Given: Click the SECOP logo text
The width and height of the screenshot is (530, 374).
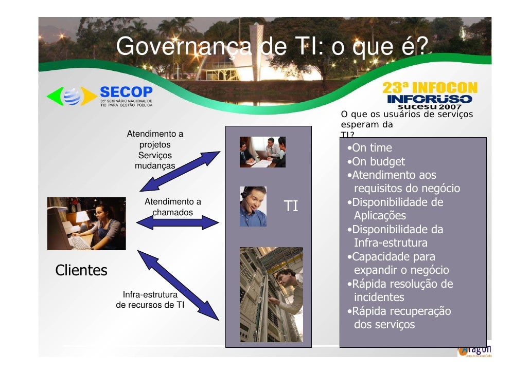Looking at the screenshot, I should tap(126, 92).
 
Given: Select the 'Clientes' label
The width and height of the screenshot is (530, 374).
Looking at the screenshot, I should tap(81, 270).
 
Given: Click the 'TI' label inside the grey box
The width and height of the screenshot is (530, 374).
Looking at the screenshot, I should tap(291, 207).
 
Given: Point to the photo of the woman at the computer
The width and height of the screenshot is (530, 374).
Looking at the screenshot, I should tap(86, 223).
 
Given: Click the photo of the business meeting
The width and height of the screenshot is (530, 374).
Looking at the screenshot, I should tap(262, 152).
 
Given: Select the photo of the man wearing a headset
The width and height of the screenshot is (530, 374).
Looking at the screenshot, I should tap(253, 207).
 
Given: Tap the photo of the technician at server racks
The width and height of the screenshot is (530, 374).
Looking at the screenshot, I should tap(271, 294).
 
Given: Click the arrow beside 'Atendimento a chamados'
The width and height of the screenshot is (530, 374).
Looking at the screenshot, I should tap(178, 222).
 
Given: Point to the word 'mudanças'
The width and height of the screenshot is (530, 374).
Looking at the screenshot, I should tap(154, 166).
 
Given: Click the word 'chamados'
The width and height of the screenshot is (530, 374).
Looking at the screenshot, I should tap(172, 212).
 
